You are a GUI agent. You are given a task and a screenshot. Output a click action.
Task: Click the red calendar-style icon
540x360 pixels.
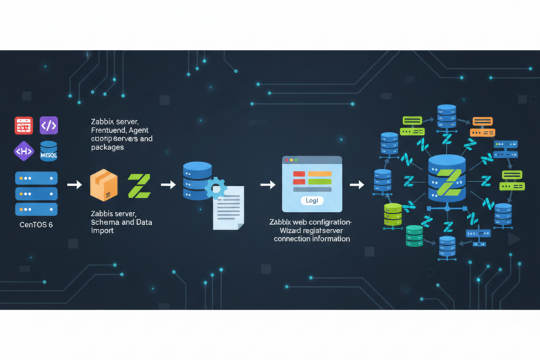[24, 125]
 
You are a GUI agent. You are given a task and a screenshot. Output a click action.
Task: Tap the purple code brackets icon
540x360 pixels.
[49, 125]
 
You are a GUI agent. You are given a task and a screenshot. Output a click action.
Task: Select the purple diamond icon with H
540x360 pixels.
[23, 151]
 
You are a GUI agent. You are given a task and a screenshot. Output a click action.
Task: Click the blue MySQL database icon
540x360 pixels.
[49, 151]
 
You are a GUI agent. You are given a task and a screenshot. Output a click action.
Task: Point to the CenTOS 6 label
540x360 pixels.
[36, 225]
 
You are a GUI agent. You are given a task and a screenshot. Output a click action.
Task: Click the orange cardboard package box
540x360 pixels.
[104, 184]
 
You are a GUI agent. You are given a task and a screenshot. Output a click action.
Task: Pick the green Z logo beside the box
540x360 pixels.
[139, 185]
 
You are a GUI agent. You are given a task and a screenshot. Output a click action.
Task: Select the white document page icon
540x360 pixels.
[228, 210]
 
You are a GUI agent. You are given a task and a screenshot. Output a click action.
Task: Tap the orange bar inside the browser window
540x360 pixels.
[320, 174]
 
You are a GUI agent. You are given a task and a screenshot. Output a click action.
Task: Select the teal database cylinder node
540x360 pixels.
[414, 236]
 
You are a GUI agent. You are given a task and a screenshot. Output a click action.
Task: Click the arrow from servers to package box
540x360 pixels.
[74, 184]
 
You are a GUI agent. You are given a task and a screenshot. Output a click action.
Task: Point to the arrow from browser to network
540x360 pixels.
[356, 184]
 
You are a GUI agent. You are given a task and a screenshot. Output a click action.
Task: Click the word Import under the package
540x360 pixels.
[103, 230]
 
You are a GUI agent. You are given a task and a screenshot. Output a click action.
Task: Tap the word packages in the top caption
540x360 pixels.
[107, 147]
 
